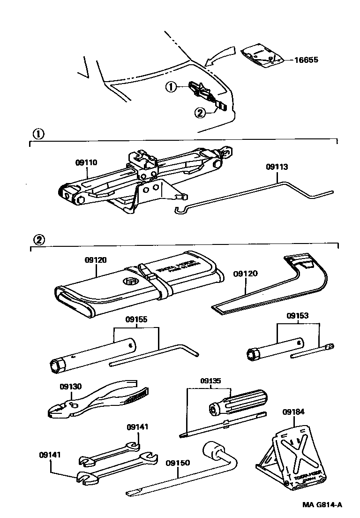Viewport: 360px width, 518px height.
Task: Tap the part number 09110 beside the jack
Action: point(86,163)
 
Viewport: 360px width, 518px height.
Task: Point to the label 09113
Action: point(277,167)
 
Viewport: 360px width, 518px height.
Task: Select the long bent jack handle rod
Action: point(253,197)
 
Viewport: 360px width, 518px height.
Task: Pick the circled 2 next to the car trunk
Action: point(200,113)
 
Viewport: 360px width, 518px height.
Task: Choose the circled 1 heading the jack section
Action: point(37,133)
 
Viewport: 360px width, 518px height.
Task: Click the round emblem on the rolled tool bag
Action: point(130,282)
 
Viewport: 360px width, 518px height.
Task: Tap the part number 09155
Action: point(136,319)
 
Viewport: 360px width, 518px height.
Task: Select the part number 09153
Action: point(299,316)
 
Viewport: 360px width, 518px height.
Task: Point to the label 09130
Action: point(71,387)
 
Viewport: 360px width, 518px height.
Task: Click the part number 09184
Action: point(293,412)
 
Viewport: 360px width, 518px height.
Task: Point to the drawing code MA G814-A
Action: point(322,505)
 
